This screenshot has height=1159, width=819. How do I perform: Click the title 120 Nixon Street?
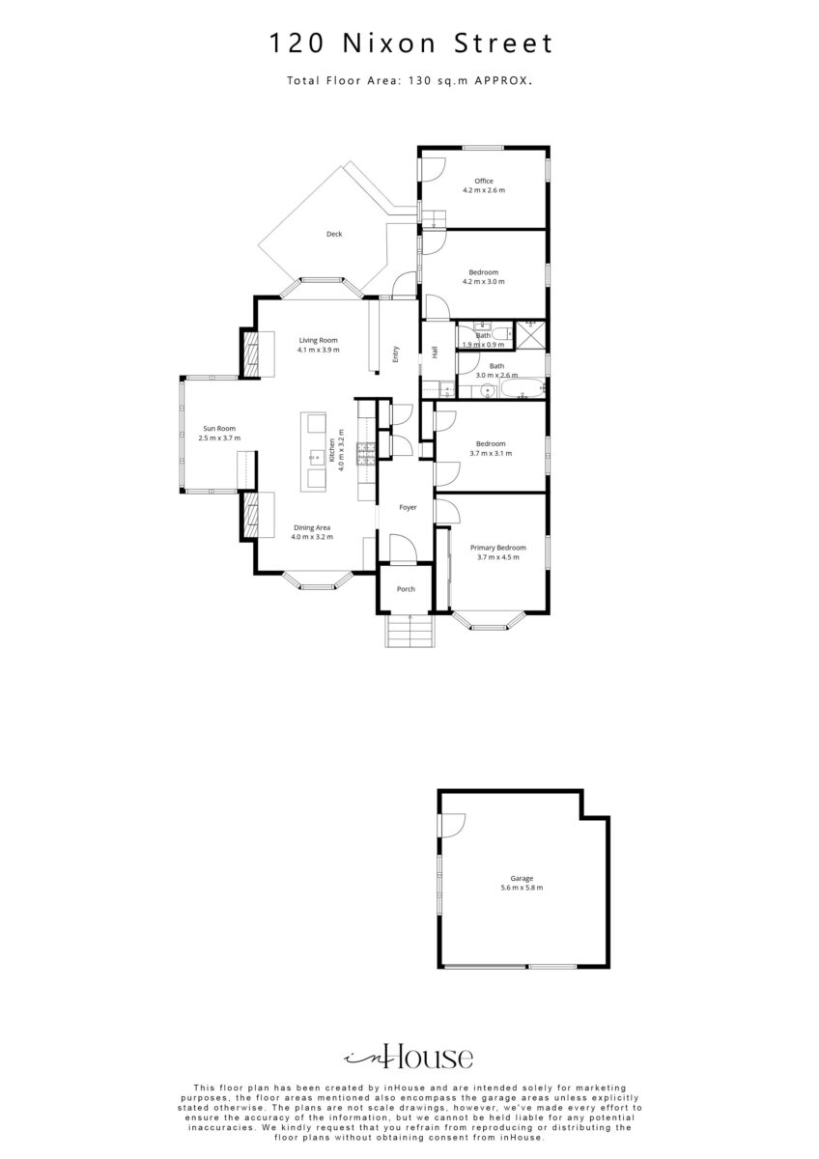(411, 43)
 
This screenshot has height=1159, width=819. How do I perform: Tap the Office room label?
(484, 181)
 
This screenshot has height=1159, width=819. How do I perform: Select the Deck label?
(334, 234)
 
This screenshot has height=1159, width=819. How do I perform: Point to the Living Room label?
(318, 340)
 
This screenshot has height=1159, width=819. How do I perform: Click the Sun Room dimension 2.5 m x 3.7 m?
(219, 438)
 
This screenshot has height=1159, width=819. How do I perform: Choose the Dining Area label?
(312, 527)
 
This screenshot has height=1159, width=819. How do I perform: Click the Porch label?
(407, 589)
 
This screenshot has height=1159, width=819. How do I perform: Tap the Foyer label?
(409, 507)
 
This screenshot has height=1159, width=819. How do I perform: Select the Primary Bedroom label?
(498, 548)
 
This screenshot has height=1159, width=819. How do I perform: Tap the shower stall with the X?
(530, 335)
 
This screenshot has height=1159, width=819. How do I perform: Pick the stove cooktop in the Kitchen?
(366, 455)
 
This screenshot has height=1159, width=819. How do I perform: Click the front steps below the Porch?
(409, 630)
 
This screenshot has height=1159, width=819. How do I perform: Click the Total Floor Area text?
(409, 81)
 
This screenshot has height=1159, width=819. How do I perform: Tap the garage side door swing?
(452, 825)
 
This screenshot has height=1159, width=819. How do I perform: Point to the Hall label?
(435, 353)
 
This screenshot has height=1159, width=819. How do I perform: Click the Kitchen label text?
(331, 450)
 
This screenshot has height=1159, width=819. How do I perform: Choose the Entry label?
(396, 353)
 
